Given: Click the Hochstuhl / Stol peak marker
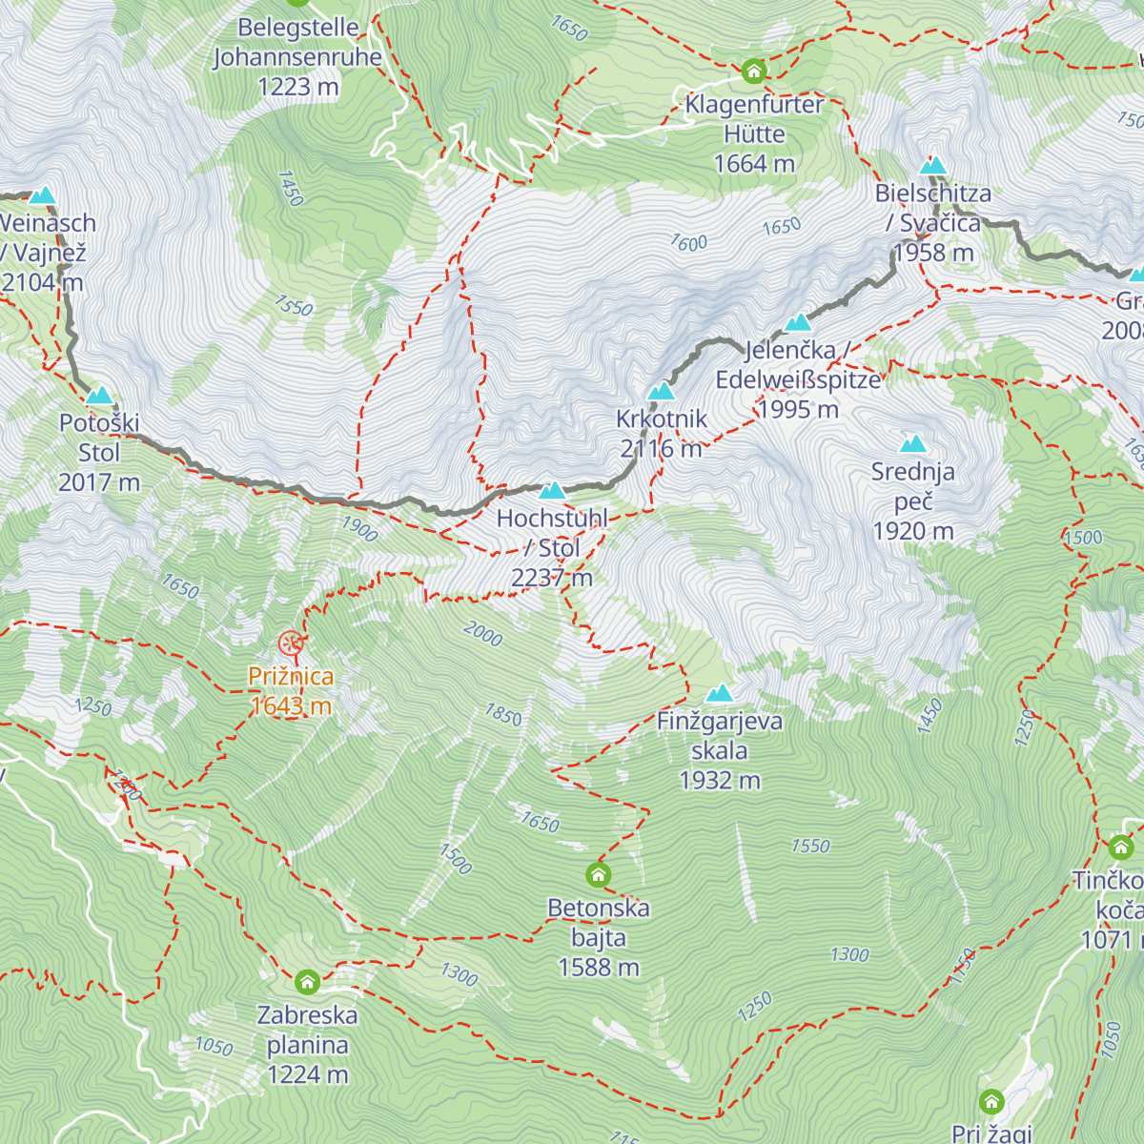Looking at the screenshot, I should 552,491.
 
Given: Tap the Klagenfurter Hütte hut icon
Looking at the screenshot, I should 754,71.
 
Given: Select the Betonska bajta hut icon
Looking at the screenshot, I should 598,874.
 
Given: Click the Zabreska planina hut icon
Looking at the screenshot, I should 307,981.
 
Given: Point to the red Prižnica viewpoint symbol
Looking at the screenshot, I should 291,643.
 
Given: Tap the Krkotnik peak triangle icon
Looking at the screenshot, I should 661,391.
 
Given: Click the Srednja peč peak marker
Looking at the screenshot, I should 913,443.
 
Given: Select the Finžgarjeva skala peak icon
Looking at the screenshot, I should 720,693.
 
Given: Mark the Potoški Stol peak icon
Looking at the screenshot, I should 98,396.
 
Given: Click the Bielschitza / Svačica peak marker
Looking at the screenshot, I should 932,165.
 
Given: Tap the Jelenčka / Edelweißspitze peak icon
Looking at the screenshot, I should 797,322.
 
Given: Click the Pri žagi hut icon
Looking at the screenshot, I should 991,1102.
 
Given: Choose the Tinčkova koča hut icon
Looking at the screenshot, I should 1121,846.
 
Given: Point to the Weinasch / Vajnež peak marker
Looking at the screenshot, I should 42,195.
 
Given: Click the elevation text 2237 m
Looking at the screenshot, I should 551,578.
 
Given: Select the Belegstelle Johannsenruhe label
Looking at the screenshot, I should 297,43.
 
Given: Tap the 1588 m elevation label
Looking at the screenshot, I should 599,967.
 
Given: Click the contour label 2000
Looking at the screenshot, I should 482,634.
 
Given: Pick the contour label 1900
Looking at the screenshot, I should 359,528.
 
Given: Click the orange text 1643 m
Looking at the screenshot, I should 291,705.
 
